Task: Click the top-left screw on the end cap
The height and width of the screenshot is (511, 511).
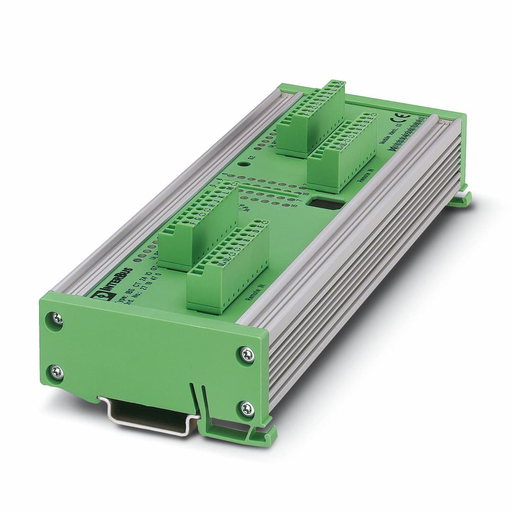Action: (56, 318)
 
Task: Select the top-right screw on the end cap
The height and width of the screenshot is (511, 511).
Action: (247, 354)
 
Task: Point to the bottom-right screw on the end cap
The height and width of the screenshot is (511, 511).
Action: (247, 408)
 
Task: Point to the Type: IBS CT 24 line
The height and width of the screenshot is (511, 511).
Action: (128, 284)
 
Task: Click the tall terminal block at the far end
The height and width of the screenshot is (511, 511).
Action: (310, 118)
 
